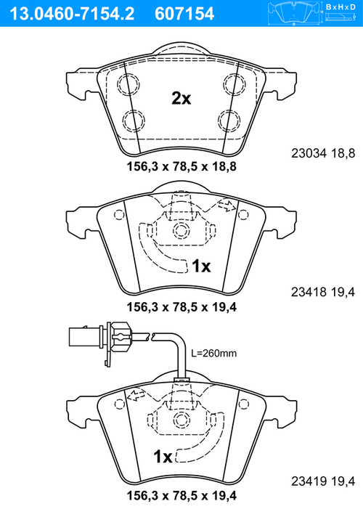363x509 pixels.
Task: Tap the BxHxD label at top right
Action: click(342, 7)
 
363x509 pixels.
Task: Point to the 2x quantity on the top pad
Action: click(181, 99)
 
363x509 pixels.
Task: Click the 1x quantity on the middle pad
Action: click(200, 267)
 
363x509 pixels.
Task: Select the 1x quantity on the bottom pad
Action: click(163, 457)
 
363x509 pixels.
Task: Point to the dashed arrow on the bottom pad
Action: click(135, 395)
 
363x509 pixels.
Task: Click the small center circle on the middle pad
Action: click(181, 232)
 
